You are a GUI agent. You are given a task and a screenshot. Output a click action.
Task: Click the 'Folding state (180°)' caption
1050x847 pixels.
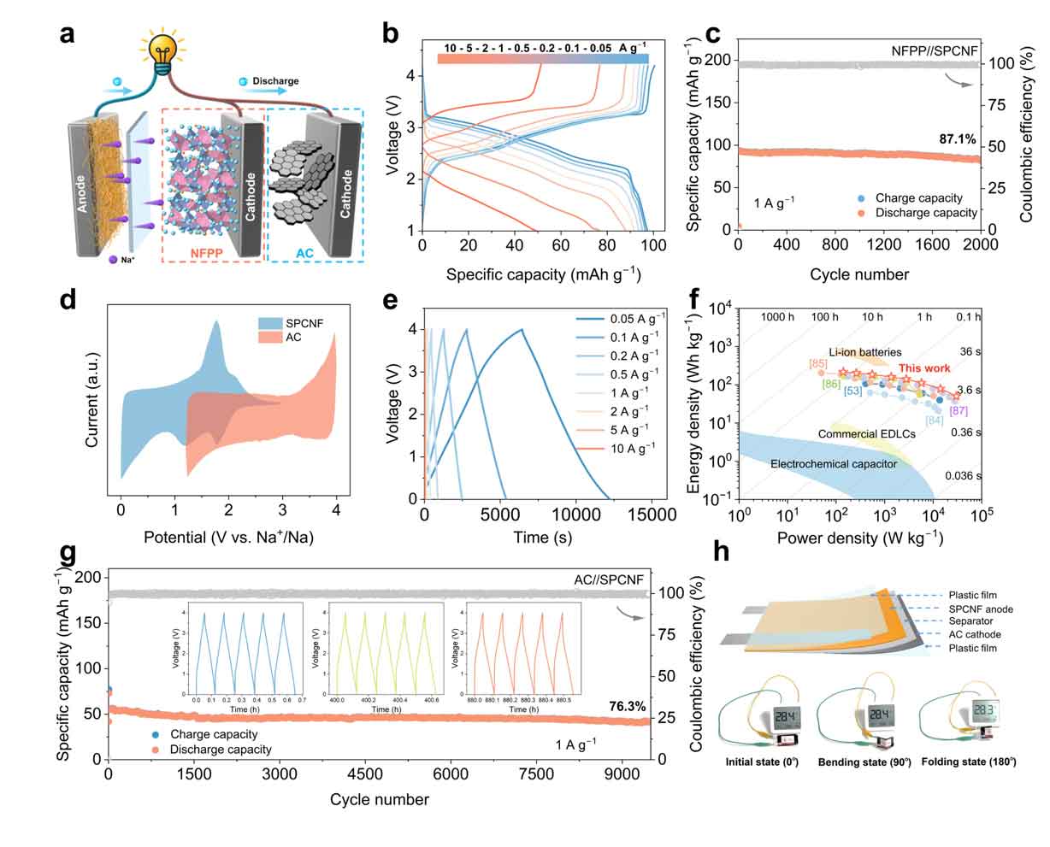pyautogui.click(x=965, y=762)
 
